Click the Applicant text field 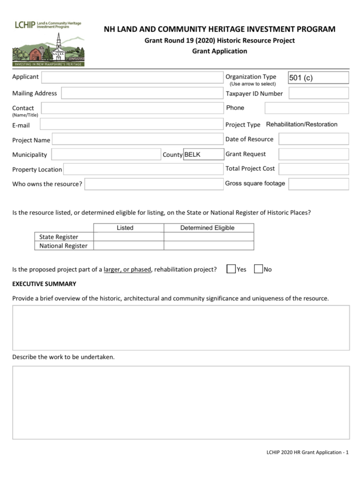click(x=132, y=77)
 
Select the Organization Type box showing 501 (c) click(x=318, y=78)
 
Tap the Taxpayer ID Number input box click(x=318, y=93)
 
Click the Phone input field click(x=306, y=108)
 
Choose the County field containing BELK click(x=204, y=155)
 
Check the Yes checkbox click(x=231, y=269)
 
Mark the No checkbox click(x=258, y=269)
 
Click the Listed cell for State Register click(x=128, y=237)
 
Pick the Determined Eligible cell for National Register click(x=208, y=246)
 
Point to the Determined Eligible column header click(x=207, y=228)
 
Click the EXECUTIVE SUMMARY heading click(x=44, y=284)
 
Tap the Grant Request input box click(x=314, y=154)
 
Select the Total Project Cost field click(x=314, y=169)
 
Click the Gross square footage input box click(x=318, y=184)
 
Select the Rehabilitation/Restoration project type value click(x=302, y=125)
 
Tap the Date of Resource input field click(x=314, y=139)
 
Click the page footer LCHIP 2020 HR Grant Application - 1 click(x=307, y=452)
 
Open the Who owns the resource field click(x=154, y=184)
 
